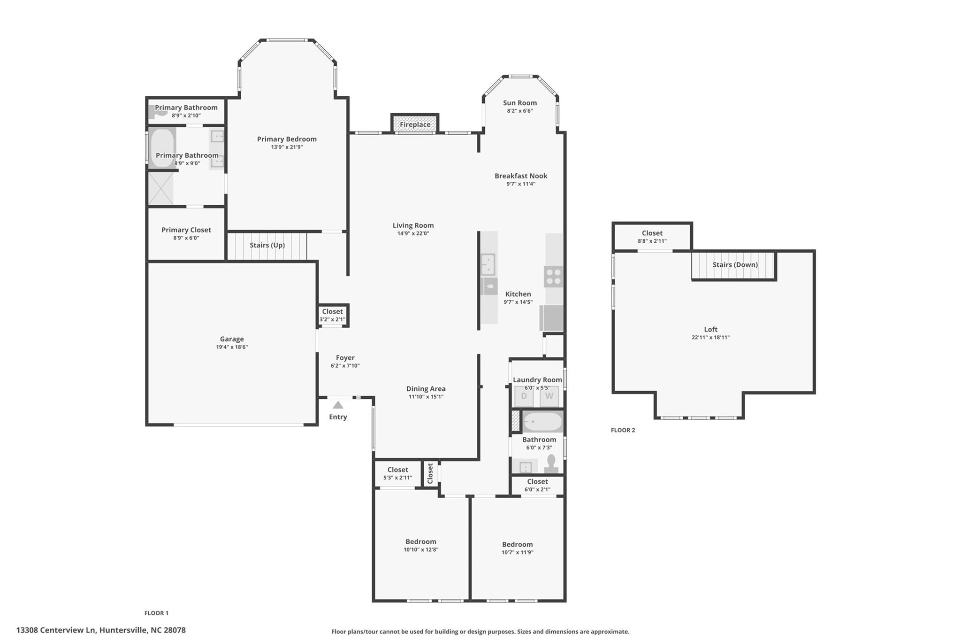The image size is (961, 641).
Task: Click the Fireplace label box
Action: pos(415,124)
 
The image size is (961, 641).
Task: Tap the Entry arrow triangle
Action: pos(338,405)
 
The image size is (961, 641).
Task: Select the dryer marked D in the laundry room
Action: pos(524,396)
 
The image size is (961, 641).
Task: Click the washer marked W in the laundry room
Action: pos(549,396)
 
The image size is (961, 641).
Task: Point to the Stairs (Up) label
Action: pos(267,245)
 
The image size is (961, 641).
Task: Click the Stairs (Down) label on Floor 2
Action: pos(735,264)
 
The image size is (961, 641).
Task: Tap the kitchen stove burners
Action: pos(554,276)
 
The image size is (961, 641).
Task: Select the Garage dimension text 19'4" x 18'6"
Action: pos(232,347)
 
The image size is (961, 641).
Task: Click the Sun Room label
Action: pos(520,103)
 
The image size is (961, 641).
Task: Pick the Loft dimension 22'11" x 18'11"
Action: pos(710,337)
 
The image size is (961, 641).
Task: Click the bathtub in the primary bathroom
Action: pos(162,147)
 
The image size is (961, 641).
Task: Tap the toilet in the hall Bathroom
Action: pos(551,463)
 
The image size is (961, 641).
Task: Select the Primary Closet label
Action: pos(186,230)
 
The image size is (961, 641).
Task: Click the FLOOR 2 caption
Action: pos(623,430)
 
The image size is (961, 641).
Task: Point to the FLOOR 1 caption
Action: pos(156,613)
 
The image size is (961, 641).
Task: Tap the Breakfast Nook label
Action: pos(521,176)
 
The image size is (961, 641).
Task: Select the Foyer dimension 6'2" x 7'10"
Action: pos(345,366)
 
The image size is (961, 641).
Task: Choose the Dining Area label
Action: pos(426,388)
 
